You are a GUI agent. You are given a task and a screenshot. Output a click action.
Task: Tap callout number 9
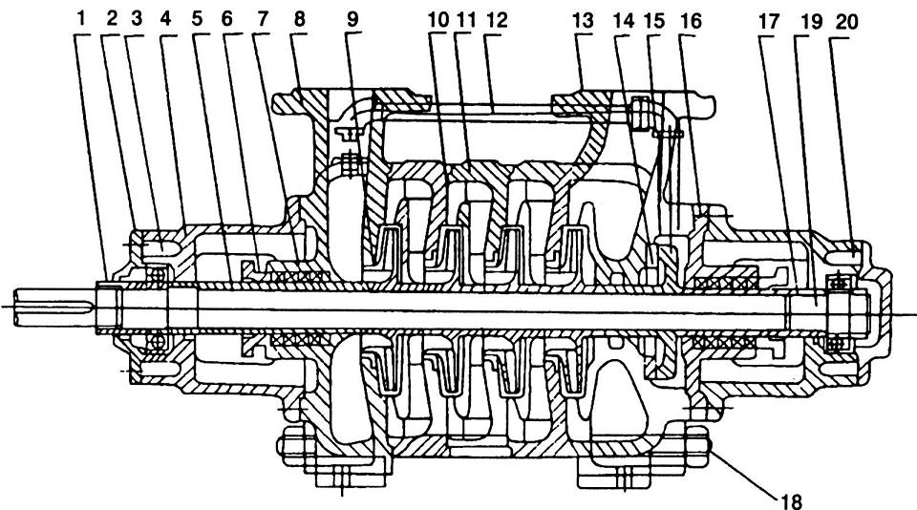[353, 19]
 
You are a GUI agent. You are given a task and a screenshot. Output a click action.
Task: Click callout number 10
[437, 19]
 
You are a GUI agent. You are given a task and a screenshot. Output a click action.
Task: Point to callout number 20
[842, 19]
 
